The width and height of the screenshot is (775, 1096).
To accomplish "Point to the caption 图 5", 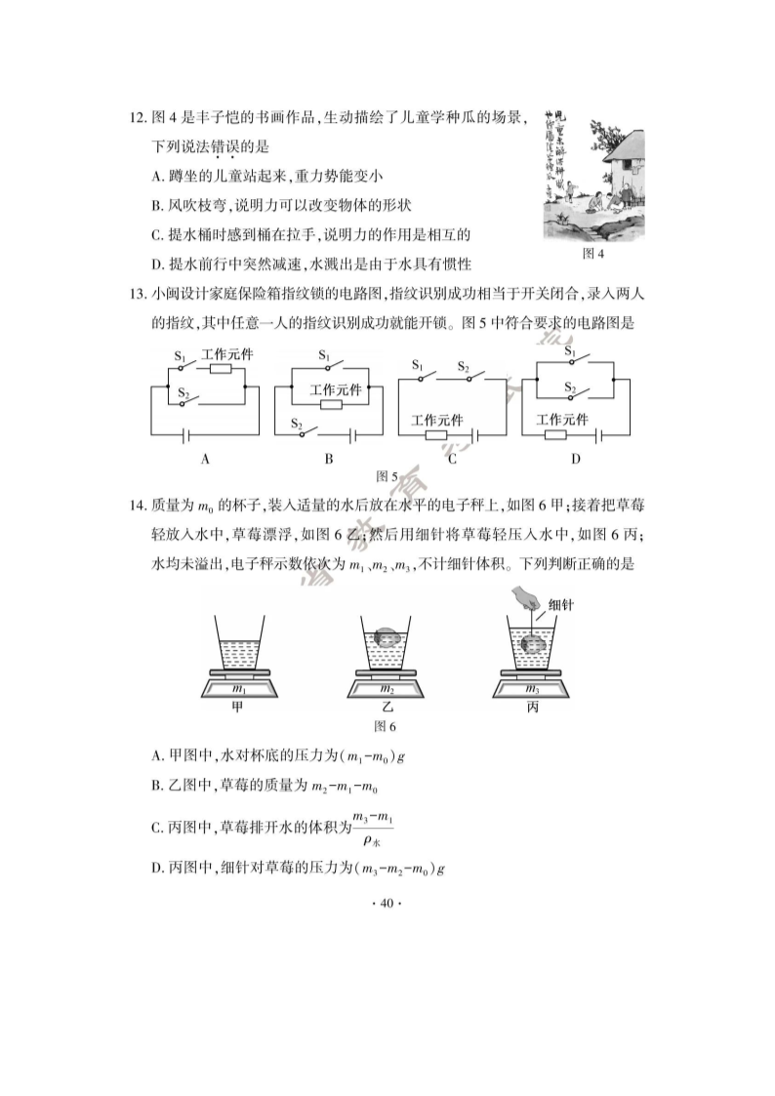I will [387, 476].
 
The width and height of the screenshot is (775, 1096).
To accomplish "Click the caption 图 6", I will [387, 725].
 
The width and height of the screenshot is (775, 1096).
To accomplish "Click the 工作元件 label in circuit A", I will [226, 354].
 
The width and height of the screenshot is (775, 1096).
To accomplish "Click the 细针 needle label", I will [561, 605].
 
